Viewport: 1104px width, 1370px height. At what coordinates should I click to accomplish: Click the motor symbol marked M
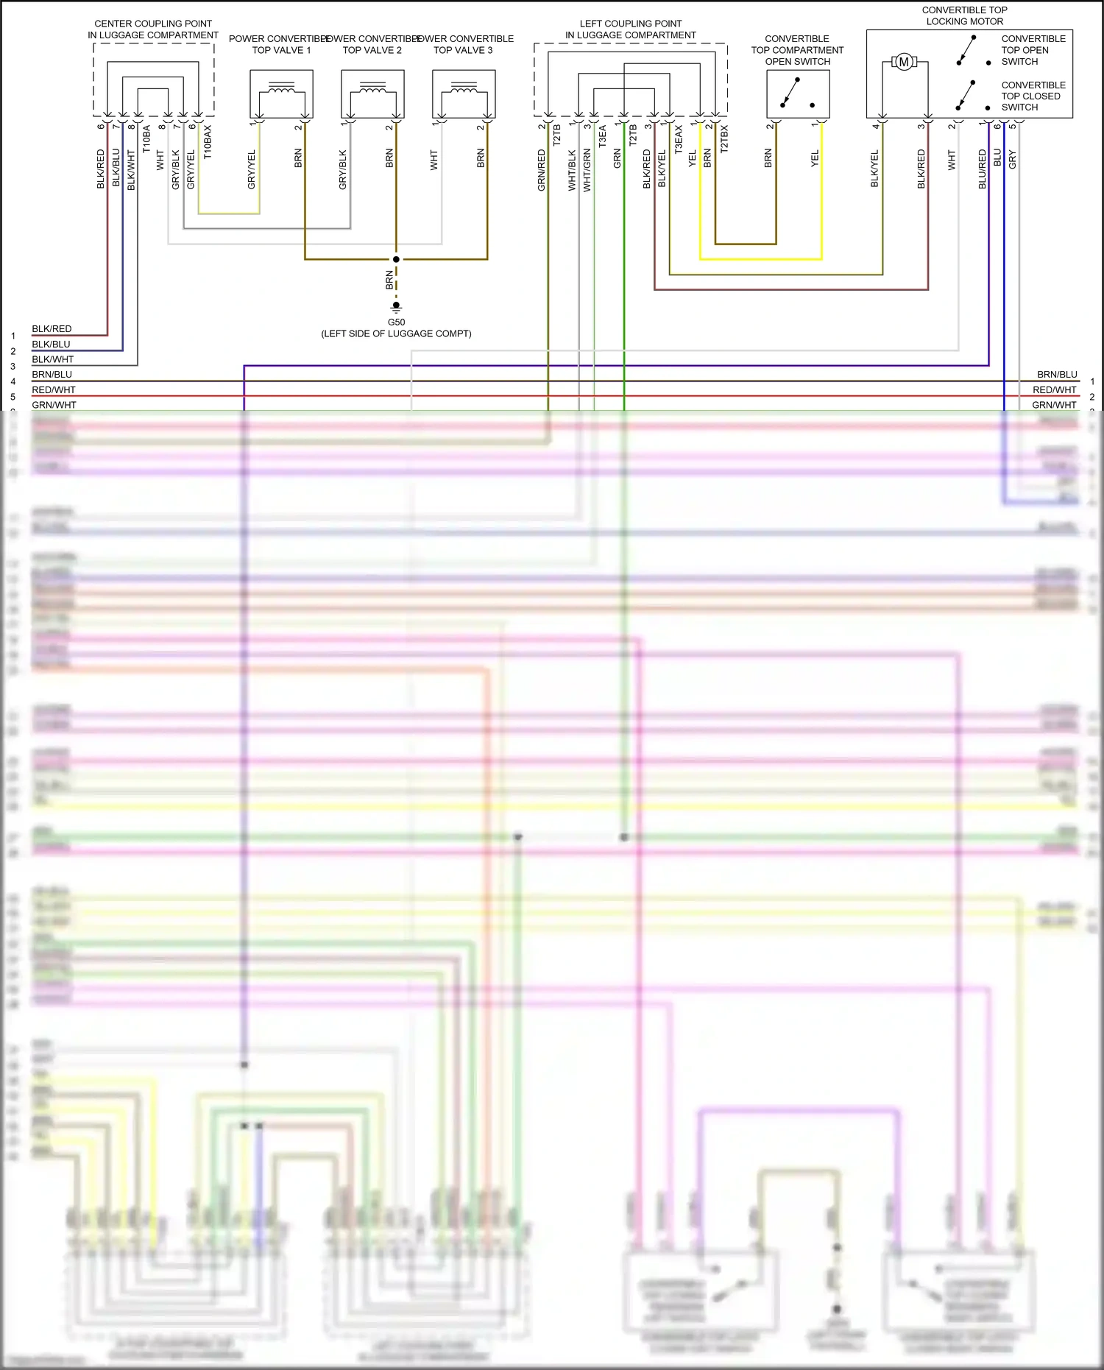(904, 63)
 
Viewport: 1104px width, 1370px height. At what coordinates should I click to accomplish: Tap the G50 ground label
(396, 322)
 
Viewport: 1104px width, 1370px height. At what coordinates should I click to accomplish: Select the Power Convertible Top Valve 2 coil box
(372, 93)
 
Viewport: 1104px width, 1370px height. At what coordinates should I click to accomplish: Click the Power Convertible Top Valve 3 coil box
(464, 93)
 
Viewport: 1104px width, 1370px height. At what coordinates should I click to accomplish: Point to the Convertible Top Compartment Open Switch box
(798, 93)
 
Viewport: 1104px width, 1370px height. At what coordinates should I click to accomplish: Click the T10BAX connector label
(208, 141)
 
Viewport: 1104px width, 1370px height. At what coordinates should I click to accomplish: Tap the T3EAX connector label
(679, 139)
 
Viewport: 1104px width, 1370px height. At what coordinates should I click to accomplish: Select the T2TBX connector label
(724, 138)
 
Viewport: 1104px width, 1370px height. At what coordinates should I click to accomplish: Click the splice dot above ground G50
(396, 259)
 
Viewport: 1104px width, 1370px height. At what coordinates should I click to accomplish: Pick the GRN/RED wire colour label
(542, 170)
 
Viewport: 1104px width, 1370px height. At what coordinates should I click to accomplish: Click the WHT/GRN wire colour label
(587, 170)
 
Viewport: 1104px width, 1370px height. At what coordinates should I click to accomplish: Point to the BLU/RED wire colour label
(982, 169)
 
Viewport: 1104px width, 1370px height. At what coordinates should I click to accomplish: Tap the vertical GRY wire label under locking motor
(1013, 159)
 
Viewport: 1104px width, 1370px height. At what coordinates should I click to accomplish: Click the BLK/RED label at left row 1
(52, 329)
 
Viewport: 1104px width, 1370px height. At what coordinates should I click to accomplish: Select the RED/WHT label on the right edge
(1054, 390)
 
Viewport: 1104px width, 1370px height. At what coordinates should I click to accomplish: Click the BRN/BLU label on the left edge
(52, 375)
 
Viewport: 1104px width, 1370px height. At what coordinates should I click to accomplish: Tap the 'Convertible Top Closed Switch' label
(1033, 96)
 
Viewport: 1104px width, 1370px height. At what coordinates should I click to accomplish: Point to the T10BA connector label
(146, 138)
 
